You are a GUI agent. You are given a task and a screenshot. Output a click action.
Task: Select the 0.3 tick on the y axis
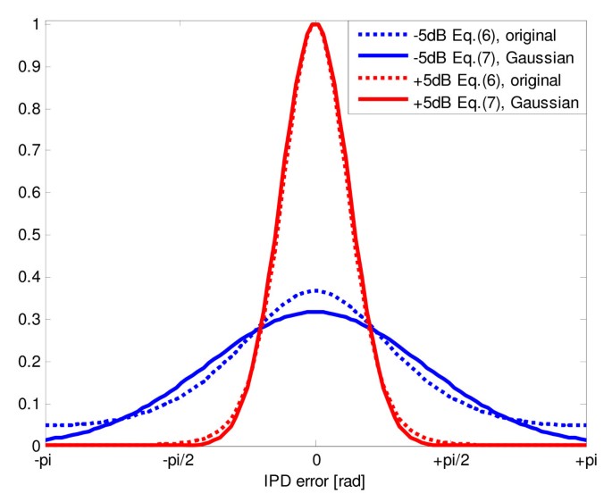click(x=28, y=319)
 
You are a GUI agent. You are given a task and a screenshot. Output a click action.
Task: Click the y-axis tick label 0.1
click(x=28, y=404)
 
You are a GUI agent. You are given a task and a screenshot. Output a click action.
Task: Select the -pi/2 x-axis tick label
click(x=180, y=461)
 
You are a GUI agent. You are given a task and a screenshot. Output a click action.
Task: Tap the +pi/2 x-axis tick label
click(x=449, y=461)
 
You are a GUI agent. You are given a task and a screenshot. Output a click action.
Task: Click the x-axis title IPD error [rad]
click(x=314, y=481)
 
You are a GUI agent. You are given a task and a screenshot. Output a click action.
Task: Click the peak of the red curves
click(x=314, y=24)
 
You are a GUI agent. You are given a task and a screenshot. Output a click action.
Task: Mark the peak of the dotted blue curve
click(x=314, y=290)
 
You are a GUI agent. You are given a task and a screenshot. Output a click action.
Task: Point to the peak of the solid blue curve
click(x=314, y=312)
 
